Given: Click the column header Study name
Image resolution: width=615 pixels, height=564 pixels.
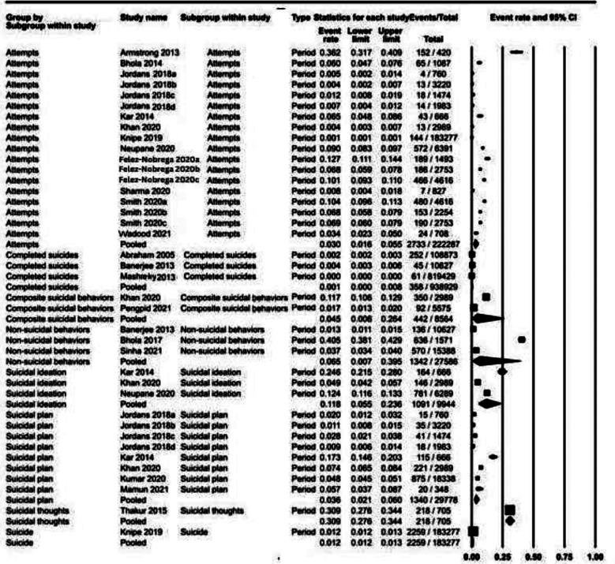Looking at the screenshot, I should click(141, 17).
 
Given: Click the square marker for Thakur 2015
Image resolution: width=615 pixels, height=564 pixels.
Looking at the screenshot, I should click(509, 510).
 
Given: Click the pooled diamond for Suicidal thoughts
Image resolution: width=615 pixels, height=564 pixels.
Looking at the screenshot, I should click(509, 520).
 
